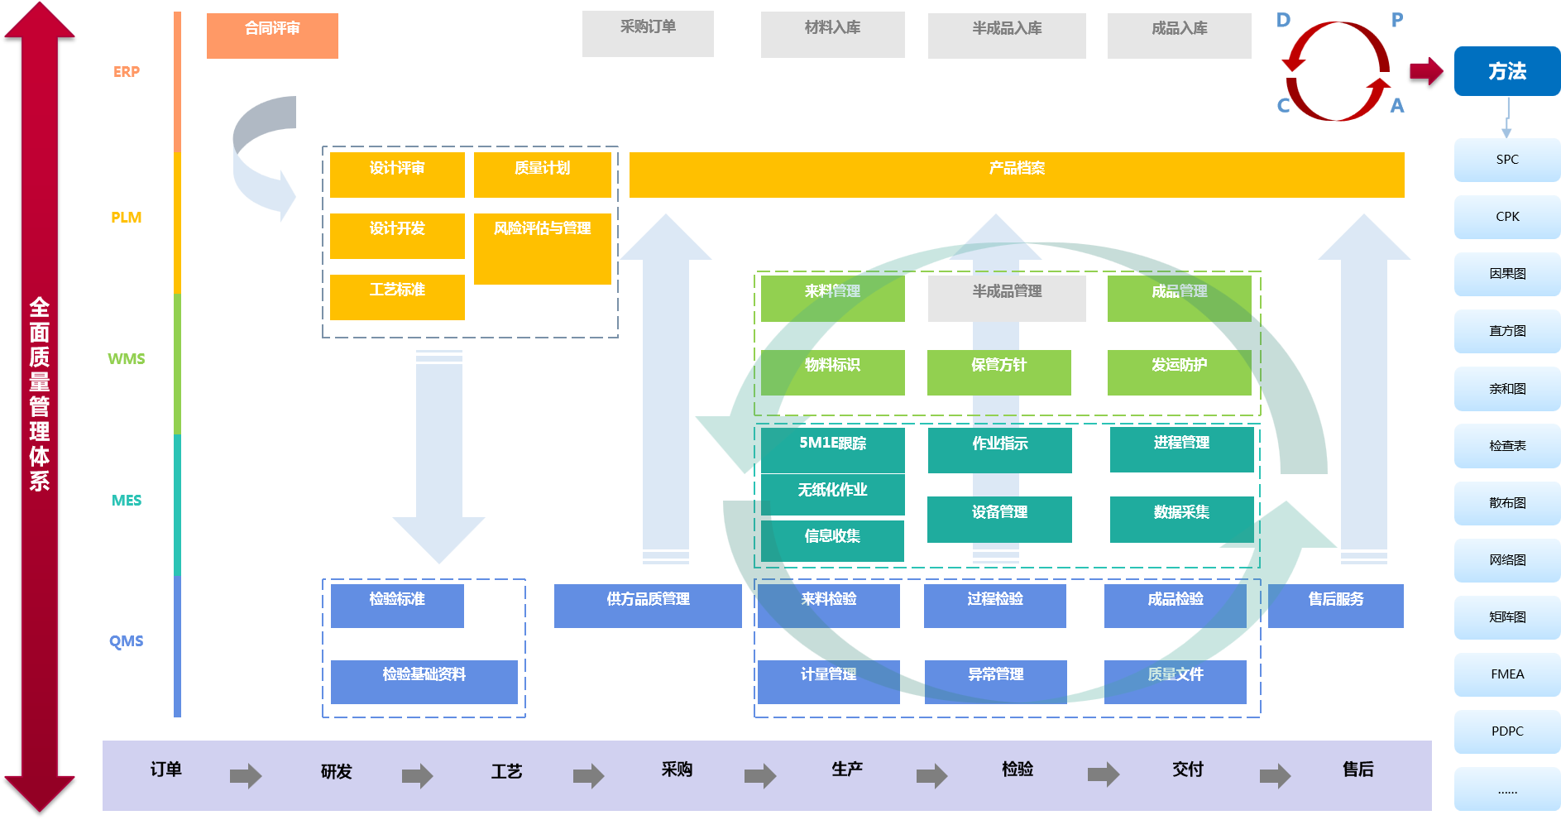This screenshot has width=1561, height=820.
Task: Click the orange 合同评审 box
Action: click(272, 36)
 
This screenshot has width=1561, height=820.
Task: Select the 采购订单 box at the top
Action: click(648, 34)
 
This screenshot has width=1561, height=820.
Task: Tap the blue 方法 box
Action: click(1506, 71)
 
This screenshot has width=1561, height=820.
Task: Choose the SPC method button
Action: click(1506, 160)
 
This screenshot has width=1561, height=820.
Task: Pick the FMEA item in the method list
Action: click(1506, 674)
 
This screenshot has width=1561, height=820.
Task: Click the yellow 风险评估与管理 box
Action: click(542, 248)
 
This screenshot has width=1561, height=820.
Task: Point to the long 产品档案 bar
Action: click(1016, 175)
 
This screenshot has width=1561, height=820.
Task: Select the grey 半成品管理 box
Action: click(1006, 298)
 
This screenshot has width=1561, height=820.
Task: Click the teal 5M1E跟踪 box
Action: click(832, 449)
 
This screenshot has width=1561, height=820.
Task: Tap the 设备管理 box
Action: click(999, 519)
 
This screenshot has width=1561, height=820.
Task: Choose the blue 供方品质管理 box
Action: click(648, 606)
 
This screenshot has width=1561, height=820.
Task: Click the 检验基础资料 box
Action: click(424, 682)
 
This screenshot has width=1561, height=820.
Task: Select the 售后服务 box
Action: click(1335, 606)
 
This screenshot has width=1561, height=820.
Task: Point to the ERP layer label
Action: click(127, 72)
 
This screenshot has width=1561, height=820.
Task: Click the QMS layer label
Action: click(127, 641)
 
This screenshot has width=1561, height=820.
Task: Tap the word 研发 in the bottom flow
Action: click(336, 772)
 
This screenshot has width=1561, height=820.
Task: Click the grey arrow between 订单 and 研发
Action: click(246, 775)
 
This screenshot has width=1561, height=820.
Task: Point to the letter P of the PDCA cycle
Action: click(1397, 20)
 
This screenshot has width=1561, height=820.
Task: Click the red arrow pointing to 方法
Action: click(1426, 71)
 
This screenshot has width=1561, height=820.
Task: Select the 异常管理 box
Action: click(995, 682)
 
